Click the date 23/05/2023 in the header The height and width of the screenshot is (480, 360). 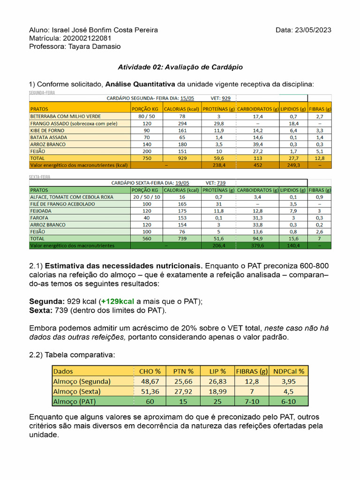[x=313, y=30]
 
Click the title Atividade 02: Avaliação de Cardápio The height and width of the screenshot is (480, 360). [x=180, y=67]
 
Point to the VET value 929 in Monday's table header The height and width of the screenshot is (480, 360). [x=226, y=98]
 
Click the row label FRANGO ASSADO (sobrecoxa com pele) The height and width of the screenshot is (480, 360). [x=74, y=123]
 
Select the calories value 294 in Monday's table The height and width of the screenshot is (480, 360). [x=182, y=123]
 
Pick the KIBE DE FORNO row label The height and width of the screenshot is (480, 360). [x=48, y=130]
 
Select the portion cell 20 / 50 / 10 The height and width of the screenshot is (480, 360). [x=147, y=197]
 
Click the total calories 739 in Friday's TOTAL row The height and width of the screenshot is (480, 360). [x=182, y=239]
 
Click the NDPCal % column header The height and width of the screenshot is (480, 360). [x=289, y=371]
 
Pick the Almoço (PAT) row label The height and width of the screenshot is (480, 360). [x=75, y=401]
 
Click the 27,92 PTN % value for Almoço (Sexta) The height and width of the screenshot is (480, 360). [x=183, y=391]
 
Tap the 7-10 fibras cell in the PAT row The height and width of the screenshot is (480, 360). [x=251, y=401]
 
